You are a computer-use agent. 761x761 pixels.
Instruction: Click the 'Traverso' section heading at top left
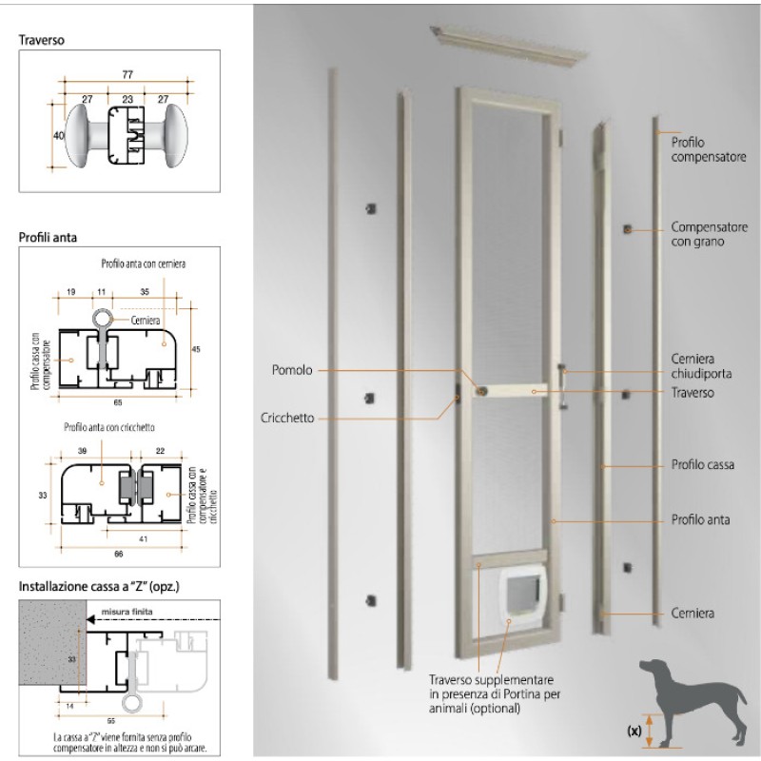[x=41, y=40]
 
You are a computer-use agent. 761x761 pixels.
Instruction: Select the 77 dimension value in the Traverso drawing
[x=127, y=74]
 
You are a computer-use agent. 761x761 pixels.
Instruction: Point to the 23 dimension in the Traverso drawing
[x=127, y=99]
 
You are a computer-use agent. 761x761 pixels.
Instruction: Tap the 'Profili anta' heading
[x=48, y=237]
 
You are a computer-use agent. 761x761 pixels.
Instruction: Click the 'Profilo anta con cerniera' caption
[x=144, y=263]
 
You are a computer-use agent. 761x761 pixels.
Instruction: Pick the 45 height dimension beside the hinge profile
[x=196, y=349]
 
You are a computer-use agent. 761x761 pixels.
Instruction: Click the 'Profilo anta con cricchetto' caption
[x=109, y=427]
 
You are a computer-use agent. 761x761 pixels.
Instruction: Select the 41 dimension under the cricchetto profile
[x=144, y=538]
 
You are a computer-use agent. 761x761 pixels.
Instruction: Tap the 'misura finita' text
[x=127, y=612]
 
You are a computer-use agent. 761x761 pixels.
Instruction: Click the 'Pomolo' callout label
[x=292, y=370]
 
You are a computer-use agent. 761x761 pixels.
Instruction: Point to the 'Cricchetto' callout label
[x=287, y=418]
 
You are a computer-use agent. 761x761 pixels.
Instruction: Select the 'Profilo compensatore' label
[x=709, y=149]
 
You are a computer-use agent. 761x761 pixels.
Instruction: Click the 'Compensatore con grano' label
[x=709, y=234]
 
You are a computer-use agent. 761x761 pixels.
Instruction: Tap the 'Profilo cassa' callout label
[x=702, y=464]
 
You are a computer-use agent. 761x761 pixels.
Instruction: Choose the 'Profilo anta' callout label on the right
[x=700, y=519]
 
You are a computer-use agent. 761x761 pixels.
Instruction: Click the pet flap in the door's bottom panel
[x=522, y=591]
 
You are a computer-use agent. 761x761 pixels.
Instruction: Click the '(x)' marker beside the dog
[x=634, y=731]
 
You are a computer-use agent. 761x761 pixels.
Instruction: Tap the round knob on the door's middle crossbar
[x=481, y=391]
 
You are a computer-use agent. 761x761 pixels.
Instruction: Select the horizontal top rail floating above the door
[x=509, y=46]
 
